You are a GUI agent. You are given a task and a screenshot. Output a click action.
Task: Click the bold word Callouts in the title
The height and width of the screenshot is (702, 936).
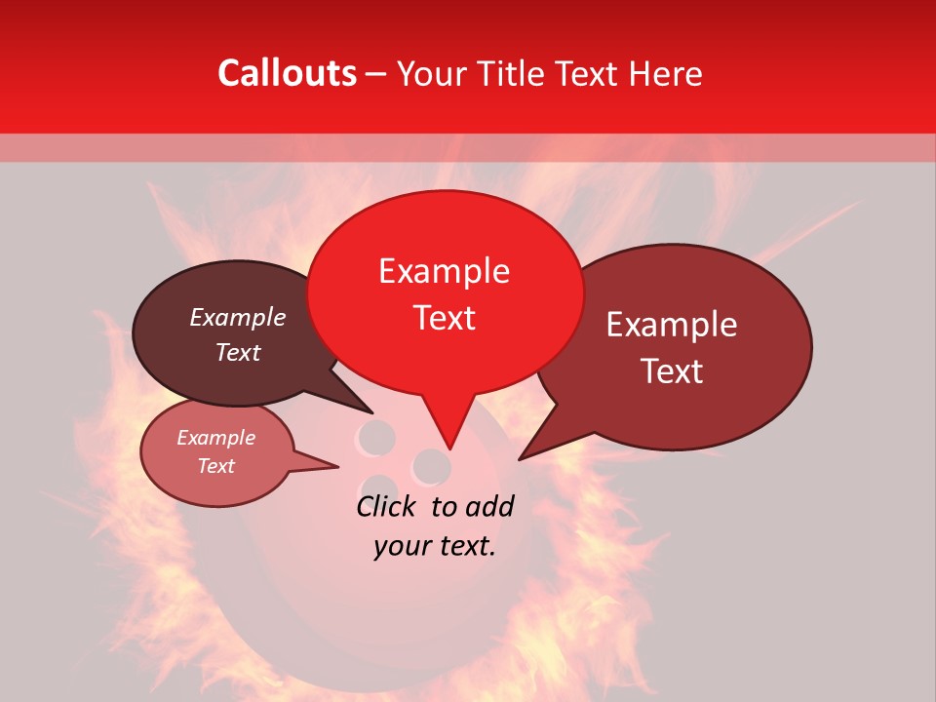point(287,73)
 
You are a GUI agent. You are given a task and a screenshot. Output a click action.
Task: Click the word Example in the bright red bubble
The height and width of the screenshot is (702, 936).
point(444,271)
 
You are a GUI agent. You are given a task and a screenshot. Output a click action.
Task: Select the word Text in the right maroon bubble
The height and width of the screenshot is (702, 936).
point(673,371)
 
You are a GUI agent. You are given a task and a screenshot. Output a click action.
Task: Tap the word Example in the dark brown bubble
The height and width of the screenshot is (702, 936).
point(238,318)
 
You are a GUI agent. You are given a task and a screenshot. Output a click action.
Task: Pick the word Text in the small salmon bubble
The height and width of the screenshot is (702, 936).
point(216,466)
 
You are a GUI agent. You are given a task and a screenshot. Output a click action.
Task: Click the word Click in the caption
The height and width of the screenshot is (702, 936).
point(388,507)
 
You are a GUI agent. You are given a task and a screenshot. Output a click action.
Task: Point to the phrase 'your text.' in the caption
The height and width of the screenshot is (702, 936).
point(435,546)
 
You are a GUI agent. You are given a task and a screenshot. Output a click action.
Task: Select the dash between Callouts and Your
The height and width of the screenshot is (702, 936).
point(377,73)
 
